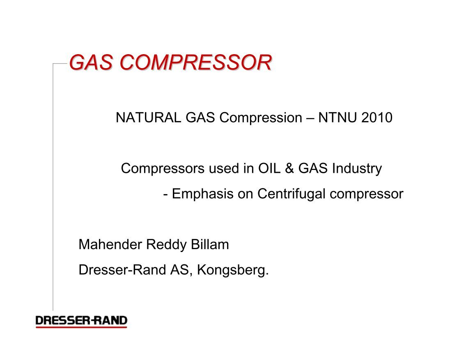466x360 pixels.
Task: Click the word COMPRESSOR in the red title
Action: (196, 63)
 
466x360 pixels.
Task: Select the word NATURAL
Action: (148, 118)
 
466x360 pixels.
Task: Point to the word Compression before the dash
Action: (261, 118)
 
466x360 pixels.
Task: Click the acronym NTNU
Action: (337, 118)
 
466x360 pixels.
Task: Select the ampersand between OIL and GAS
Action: (289, 168)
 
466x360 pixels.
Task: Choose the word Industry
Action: (357, 169)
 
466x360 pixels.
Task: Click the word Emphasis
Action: (202, 194)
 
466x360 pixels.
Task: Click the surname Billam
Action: (210, 245)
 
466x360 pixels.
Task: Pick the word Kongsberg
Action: (233, 271)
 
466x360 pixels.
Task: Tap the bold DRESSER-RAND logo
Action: (81, 321)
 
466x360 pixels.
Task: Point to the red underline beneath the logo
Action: (81, 327)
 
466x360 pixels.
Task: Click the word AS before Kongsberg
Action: (179, 270)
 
